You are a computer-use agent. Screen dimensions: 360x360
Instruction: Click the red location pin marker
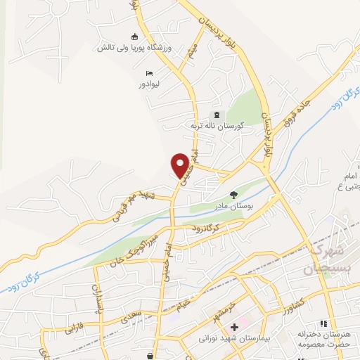(x=181, y=165)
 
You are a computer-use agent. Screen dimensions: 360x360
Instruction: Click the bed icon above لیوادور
(x=148, y=73)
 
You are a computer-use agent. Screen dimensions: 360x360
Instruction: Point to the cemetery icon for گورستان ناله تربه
(x=217, y=115)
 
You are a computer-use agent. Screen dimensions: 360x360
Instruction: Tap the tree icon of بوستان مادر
(x=233, y=195)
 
